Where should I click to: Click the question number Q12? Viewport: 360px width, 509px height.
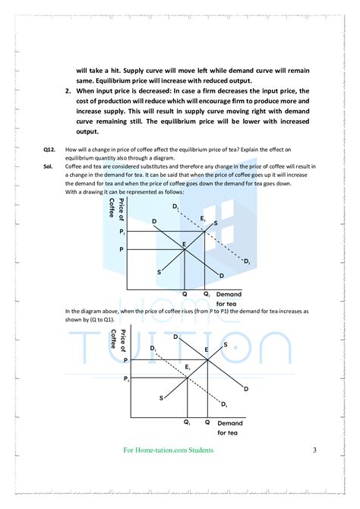click(x=49, y=150)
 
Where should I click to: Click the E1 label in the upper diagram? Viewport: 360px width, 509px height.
click(x=202, y=219)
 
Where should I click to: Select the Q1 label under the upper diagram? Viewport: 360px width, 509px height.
click(x=206, y=293)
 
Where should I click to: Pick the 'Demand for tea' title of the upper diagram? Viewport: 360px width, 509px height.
click(x=229, y=298)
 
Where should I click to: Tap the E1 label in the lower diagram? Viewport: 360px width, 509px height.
click(x=188, y=367)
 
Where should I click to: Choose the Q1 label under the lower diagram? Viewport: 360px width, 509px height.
click(x=187, y=423)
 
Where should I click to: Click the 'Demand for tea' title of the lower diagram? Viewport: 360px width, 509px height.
click(x=230, y=427)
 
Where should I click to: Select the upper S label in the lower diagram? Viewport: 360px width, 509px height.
click(x=225, y=345)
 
